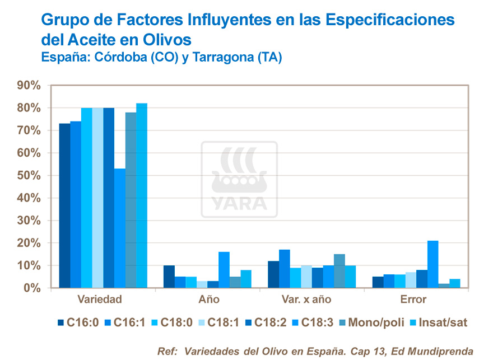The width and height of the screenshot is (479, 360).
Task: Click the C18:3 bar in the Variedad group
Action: [119, 228]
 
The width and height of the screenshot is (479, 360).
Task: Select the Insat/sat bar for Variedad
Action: [141, 196]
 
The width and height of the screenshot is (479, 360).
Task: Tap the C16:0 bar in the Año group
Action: [169, 277]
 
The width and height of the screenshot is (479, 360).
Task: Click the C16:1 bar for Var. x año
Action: [284, 269]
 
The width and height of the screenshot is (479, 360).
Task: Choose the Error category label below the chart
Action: [413, 300]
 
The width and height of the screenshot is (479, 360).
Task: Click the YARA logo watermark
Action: [239, 180]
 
